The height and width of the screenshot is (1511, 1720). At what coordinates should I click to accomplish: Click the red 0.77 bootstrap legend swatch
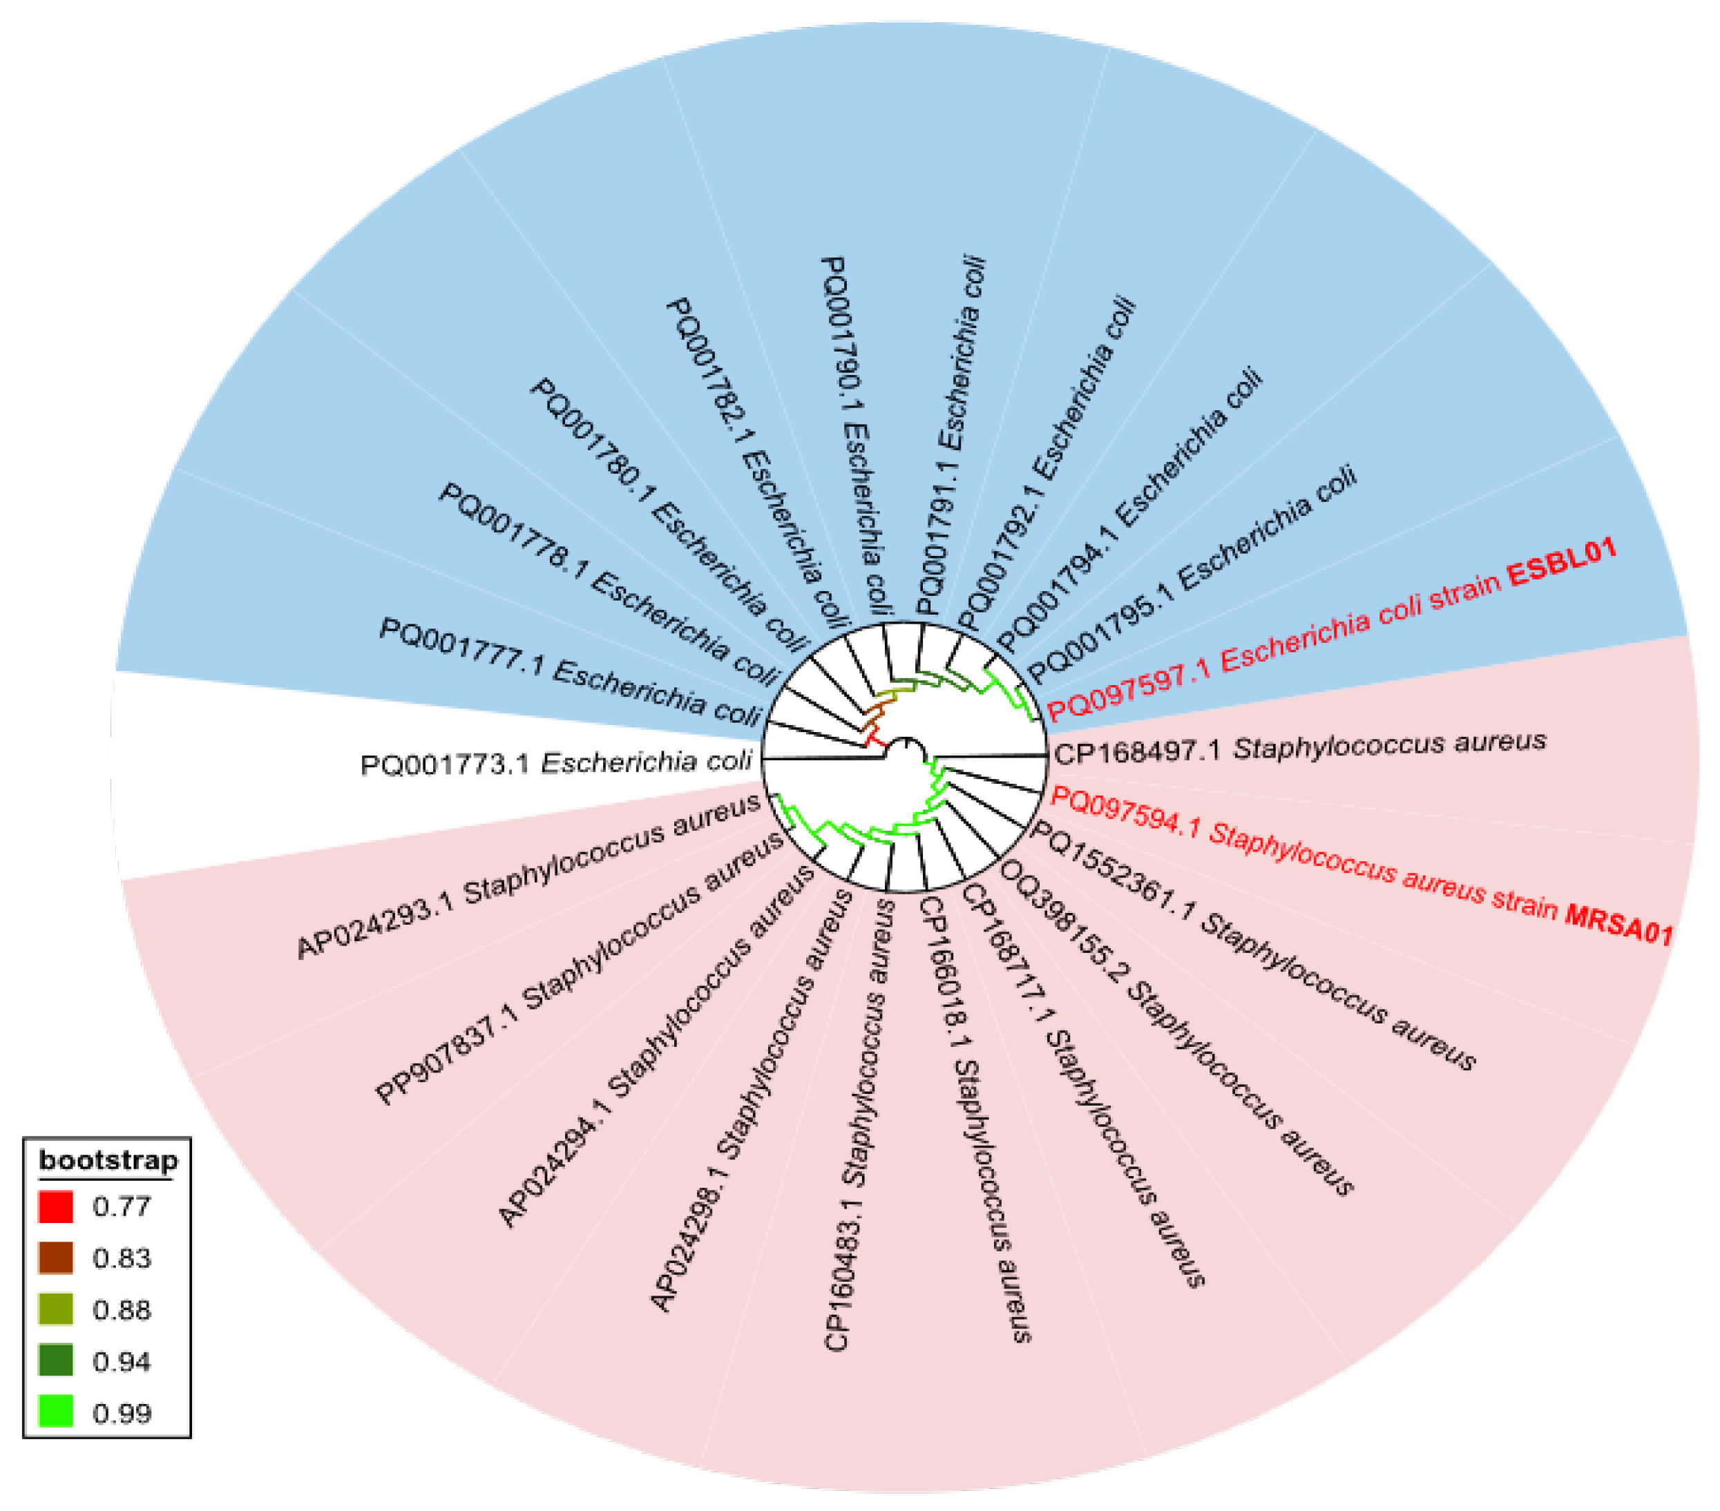(x=55, y=1206)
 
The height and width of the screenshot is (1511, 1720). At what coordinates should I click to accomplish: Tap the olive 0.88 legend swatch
(x=55, y=1309)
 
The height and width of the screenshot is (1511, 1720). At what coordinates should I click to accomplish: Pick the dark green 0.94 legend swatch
(x=55, y=1360)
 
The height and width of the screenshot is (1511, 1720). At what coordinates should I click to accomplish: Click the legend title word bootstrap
(x=108, y=1160)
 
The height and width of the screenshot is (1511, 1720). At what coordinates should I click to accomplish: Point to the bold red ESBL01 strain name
(x=1561, y=562)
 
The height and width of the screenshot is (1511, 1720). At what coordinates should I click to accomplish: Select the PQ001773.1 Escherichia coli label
(x=555, y=763)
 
